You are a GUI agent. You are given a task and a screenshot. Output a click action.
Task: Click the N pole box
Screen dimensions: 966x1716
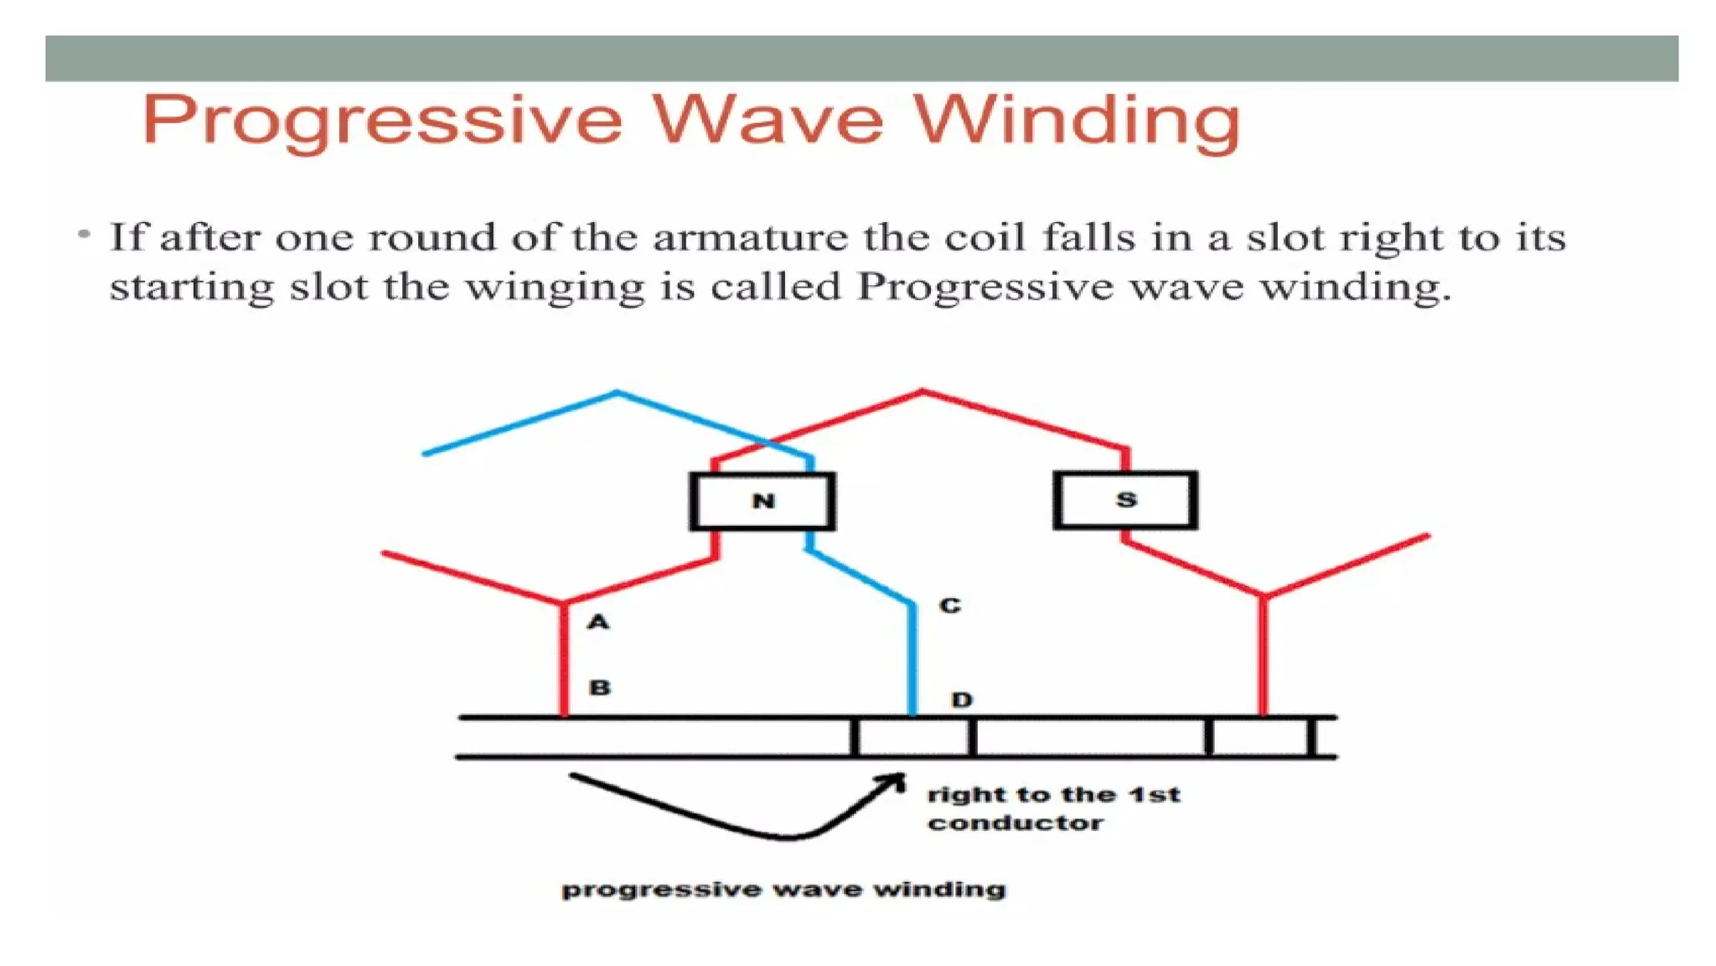762,501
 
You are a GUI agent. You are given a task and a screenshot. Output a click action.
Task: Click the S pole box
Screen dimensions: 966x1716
1125,501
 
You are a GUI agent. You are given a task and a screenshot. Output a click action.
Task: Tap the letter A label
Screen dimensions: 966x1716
597,622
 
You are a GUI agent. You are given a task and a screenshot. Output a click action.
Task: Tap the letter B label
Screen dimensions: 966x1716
600,688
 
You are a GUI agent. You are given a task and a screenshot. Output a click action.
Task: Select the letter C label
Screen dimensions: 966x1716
949,605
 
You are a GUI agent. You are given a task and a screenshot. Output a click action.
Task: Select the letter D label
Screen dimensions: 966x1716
962,699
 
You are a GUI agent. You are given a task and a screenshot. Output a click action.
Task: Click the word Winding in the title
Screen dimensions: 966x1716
1076,121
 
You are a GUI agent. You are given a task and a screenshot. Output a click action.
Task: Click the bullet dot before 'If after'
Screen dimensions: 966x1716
84,234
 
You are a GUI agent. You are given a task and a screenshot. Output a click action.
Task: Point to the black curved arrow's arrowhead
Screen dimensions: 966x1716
896,782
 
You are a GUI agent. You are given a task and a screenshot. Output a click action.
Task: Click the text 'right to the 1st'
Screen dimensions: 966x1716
1053,794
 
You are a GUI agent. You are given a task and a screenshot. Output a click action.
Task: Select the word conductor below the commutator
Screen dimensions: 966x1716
1015,823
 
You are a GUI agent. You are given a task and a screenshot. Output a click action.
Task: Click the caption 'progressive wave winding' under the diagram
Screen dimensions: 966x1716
783,889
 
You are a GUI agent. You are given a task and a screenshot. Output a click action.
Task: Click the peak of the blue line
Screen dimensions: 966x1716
618,392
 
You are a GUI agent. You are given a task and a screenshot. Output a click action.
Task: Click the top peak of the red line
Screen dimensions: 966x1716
923,391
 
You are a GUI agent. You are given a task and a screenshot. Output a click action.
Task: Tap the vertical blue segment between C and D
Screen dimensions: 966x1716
912,658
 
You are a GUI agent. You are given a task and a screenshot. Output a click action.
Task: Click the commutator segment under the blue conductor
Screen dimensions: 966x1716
913,738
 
